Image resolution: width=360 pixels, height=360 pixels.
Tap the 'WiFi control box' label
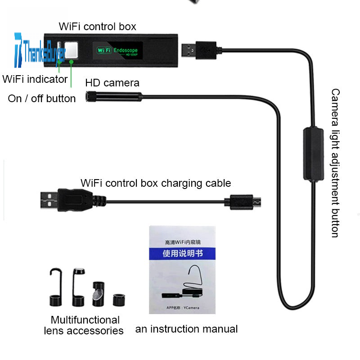97,27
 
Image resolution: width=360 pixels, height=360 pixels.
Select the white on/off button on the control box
71,49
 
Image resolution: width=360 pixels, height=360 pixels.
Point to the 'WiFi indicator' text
35,79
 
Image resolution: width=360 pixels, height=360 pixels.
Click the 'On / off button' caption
42,98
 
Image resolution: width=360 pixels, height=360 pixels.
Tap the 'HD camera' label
112,83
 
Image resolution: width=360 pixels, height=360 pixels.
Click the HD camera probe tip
90,96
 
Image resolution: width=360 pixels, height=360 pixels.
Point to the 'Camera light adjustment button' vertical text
336,163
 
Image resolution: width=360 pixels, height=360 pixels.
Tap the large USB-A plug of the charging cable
67,200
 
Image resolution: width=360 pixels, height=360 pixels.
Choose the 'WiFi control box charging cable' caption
156,183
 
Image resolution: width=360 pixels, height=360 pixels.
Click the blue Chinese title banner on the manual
183,253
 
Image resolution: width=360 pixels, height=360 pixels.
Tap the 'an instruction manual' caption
186,329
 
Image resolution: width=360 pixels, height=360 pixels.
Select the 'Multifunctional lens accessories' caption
85,325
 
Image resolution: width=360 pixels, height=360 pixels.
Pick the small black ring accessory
119,299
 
